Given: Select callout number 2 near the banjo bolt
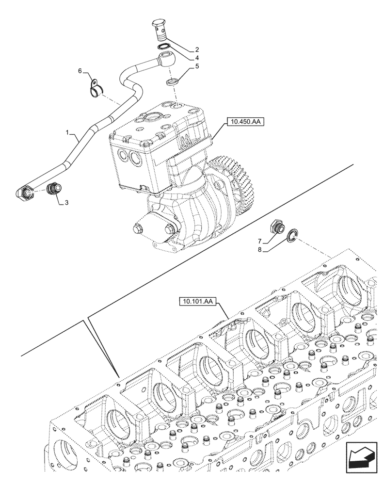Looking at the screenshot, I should [x=197, y=49].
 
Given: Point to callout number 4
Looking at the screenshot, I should [x=197, y=58].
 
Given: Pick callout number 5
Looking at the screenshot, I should [x=197, y=67].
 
